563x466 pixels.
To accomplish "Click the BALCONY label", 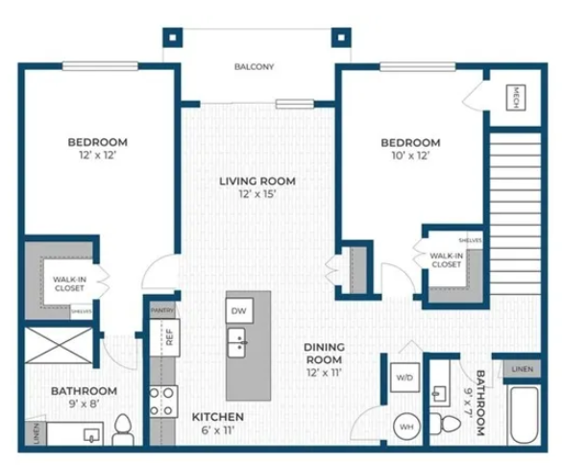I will click(x=255, y=67).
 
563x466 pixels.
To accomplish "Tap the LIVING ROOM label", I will click(x=257, y=181).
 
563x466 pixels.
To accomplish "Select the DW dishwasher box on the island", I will click(x=239, y=310).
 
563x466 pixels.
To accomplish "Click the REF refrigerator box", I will click(x=169, y=336).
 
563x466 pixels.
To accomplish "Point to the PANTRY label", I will click(x=163, y=310).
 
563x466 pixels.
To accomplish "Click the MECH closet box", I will click(x=515, y=98).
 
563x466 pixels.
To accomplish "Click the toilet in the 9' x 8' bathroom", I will click(x=123, y=431).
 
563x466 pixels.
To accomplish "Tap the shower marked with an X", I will click(x=60, y=344).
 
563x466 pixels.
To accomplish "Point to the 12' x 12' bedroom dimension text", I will click(x=97, y=157).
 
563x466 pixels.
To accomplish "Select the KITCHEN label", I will click(x=217, y=417).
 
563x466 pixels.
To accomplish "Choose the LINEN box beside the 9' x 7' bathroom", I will click(x=520, y=368).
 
